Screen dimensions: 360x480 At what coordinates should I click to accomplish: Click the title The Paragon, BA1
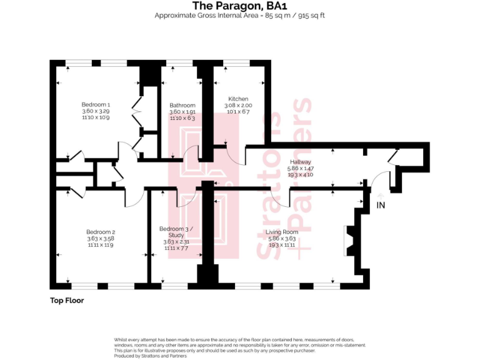tap(239, 6)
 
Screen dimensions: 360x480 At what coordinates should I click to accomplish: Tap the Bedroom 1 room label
tap(96, 104)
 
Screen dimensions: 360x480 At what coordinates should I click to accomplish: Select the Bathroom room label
tap(182, 106)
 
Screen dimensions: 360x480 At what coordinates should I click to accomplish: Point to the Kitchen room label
tap(238, 99)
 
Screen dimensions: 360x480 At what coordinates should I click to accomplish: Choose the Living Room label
tap(282, 232)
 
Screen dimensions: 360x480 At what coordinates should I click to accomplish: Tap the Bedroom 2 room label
tap(101, 232)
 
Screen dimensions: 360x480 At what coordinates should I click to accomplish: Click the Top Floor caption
tap(67, 301)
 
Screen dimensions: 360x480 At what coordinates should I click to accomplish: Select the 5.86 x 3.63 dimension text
tap(282, 239)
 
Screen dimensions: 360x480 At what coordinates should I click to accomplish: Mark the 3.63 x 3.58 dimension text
tap(101, 238)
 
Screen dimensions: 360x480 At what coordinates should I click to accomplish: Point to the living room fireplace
tap(350, 241)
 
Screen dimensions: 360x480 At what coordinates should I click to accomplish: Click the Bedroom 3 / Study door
tap(187, 199)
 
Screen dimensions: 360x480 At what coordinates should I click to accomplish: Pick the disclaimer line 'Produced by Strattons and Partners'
tap(151, 356)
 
